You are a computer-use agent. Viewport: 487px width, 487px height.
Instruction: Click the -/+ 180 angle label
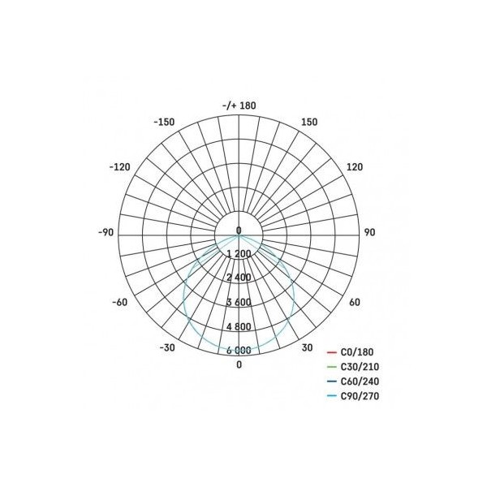tap(239, 106)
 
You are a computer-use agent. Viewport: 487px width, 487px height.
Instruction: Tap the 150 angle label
tap(309, 122)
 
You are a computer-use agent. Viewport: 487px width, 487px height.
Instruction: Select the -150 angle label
tap(164, 122)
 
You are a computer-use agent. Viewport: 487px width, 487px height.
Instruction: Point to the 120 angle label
tap(355, 167)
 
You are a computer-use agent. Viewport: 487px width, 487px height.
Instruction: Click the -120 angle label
tap(120, 167)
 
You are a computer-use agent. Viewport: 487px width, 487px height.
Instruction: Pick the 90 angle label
tap(369, 232)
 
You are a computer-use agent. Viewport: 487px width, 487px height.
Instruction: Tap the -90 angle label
tap(106, 232)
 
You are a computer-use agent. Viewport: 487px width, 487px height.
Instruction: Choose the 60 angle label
tap(355, 302)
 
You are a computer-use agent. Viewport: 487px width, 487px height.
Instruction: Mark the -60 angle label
tap(120, 302)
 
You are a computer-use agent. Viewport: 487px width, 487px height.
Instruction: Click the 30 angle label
tap(307, 348)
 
